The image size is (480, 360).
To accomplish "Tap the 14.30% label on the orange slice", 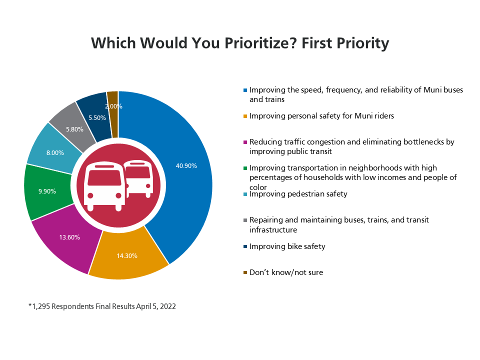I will (x=127, y=255).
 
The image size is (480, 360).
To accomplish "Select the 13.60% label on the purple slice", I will (x=69, y=237).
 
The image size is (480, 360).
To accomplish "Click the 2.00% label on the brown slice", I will (x=113, y=106).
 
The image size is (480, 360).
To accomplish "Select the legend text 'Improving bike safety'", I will (x=287, y=246).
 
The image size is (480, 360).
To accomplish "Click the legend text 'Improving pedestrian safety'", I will (x=298, y=194).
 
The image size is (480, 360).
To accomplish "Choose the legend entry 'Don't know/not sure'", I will (x=286, y=272).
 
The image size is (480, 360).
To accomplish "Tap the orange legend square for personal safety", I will (x=245, y=116).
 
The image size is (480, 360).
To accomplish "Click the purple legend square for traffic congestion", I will (x=245, y=142).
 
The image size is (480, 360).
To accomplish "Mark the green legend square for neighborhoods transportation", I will (x=245, y=168).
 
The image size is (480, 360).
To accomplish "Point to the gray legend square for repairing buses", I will (x=245, y=220).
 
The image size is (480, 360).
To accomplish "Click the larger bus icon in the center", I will (x=105, y=186).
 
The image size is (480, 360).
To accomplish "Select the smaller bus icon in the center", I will (x=138, y=178).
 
